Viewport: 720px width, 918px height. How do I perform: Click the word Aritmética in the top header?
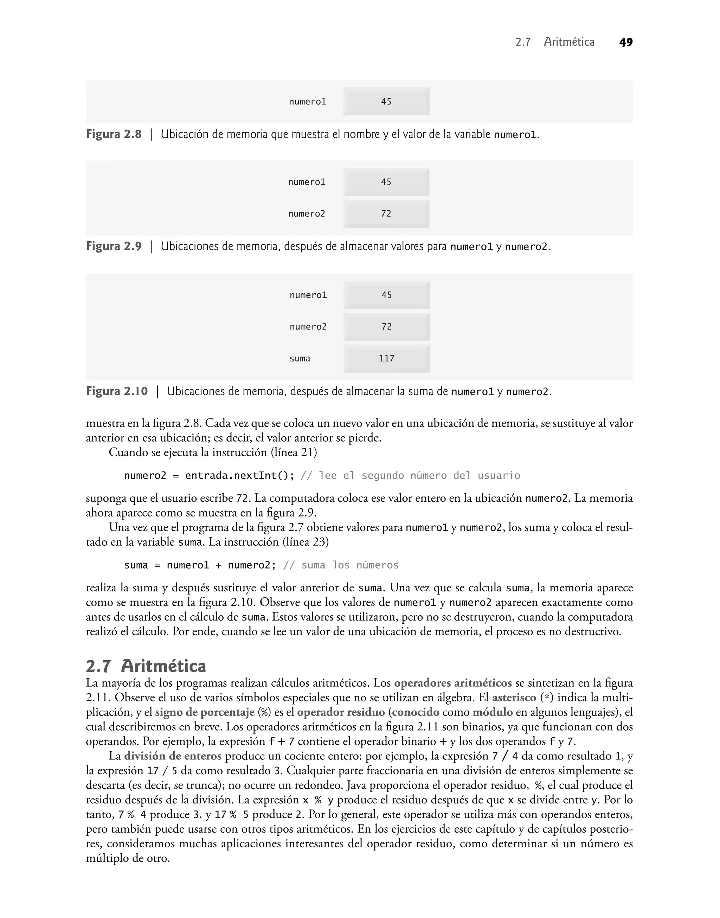tap(569, 42)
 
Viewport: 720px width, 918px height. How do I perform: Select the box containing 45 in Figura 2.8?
tap(386, 102)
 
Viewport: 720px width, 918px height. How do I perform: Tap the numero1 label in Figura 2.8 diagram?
tap(307, 102)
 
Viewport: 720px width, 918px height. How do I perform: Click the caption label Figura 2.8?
tap(114, 134)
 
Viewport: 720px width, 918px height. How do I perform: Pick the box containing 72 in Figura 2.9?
tap(386, 214)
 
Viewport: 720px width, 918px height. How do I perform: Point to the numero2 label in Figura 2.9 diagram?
tap(307, 214)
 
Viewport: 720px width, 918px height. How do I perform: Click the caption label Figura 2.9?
tap(114, 246)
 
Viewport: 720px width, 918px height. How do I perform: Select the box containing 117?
tap(387, 358)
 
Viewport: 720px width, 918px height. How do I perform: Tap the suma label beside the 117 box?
tap(300, 359)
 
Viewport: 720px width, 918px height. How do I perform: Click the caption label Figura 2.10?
tap(117, 392)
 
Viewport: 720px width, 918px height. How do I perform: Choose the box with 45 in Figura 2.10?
tap(387, 295)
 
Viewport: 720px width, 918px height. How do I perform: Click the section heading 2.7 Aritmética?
tap(146, 666)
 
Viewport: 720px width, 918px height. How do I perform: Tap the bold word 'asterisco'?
tap(514, 698)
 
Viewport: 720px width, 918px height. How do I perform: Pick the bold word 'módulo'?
tap(493, 712)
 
